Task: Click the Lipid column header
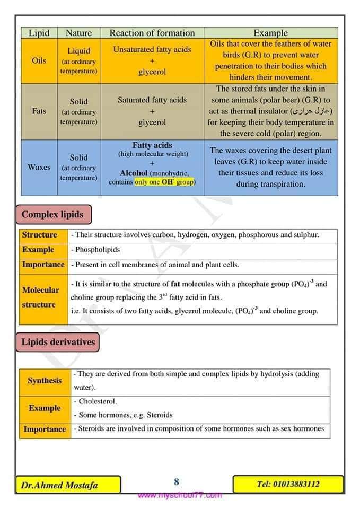pos(39,33)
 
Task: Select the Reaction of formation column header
pos(152,33)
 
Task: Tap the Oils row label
pos(39,60)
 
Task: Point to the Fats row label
pos(39,111)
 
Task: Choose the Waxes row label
pos(39,167)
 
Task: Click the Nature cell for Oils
pos(78,61)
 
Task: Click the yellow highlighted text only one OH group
pos(165,182)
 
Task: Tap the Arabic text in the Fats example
pos(311,111)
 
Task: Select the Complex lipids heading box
pos(52,215)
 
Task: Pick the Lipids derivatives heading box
pos(58,342)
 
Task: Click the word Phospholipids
pos(98,249)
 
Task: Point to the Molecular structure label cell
pos(40,297)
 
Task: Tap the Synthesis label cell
pos(45,381)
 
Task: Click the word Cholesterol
pos(98,401)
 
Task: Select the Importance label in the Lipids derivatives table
pos(45,429)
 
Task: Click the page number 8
pos(177,482)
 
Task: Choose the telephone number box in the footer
pos(288,484)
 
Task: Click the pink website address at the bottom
pos(180,496)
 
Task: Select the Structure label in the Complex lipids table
pos(40,235)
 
